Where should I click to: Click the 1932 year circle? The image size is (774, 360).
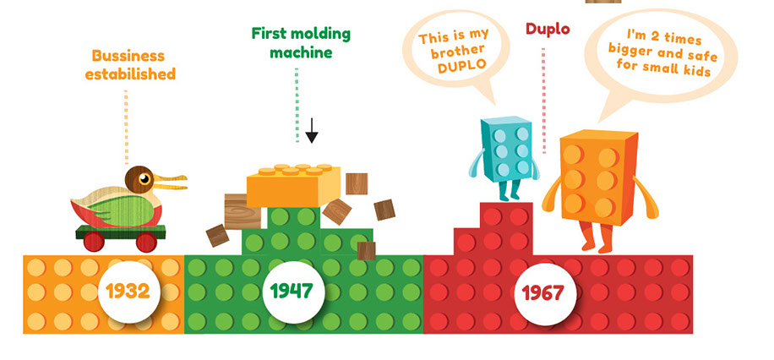tap(128, 292)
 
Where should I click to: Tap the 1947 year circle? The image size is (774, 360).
tap(291, 292)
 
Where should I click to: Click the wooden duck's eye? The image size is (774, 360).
tap(145, 178)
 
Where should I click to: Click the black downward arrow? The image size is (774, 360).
tap(312, 131)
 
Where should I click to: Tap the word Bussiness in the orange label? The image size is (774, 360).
tap(129, 56)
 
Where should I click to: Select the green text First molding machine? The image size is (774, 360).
tap(301, 43)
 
